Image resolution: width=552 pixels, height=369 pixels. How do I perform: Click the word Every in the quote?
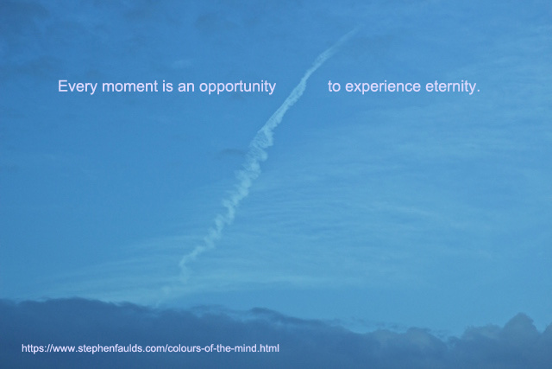coord(77,86)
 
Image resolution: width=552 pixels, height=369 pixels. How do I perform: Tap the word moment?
coord(130,86)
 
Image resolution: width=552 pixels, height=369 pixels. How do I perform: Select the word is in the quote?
coord(168,86)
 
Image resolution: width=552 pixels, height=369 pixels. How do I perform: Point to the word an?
coord(186,87)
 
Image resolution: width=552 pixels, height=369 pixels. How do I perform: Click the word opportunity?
coord(237,87)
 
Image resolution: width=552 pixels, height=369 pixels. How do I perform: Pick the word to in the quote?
coord(334,86)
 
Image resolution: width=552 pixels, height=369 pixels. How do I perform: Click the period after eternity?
coord(478,91)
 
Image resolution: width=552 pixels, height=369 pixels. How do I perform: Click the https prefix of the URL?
coord(32,348)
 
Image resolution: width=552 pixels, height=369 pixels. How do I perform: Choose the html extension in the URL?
coord(269,348)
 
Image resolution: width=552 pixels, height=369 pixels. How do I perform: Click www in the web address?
coord(63,349)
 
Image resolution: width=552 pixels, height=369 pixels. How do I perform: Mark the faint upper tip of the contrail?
coord(355,29)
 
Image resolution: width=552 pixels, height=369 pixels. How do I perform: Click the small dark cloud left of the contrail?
coord(230,153)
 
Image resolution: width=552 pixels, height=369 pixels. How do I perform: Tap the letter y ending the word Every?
coord(94,89)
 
